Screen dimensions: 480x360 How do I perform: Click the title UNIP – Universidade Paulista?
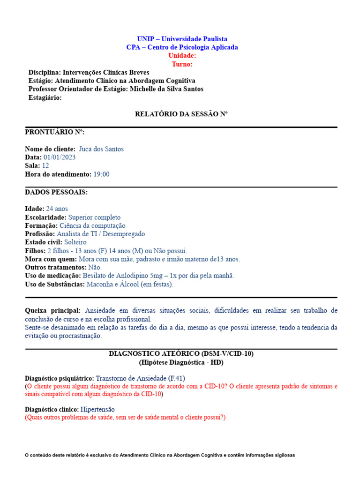pyautogui.click(x=182, y=39)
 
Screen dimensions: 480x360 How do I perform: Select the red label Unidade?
pyautogui.click(x=182, y=56)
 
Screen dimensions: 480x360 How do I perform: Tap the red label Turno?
pyautogui.click(x=182, y=64)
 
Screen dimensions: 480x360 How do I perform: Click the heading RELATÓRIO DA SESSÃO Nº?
pyautogui.click(x=181, y=114)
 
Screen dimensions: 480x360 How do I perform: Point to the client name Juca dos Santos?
pyautogui.click(x=101, y=149)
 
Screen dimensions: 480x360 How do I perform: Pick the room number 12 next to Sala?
pyautogui.click(x=45, y=166)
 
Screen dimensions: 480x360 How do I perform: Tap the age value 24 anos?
pyautogui.click(x=57, y=209)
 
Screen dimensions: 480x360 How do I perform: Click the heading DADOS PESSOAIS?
pyautogui.click(x=56, y=192)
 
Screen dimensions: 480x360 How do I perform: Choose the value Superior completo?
pyautogui.click(x=94, y=217)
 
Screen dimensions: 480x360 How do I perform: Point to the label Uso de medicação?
pyautogui.click(x=53, y=276)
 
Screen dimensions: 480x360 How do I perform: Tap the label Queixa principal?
pyautogui.click(x=53, y=311)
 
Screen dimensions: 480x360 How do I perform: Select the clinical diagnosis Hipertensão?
pyautogui.click(x=97, y=409)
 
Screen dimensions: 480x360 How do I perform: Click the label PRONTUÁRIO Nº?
pyautogui.click(x=55, y=132)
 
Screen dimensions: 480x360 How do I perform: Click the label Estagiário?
pyautogui.click(x=45, y=97)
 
